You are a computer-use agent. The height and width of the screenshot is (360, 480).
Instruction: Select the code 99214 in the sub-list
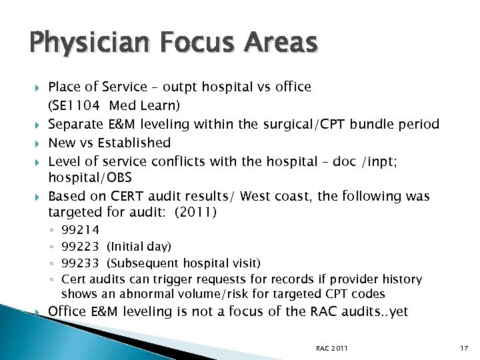click(80, 231)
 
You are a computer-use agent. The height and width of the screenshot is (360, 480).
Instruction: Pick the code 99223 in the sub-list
click(80, 247)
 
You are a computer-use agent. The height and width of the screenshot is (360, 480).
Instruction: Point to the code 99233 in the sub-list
click(80, 263)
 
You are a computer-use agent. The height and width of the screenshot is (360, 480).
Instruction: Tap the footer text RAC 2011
click(332, 348)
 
